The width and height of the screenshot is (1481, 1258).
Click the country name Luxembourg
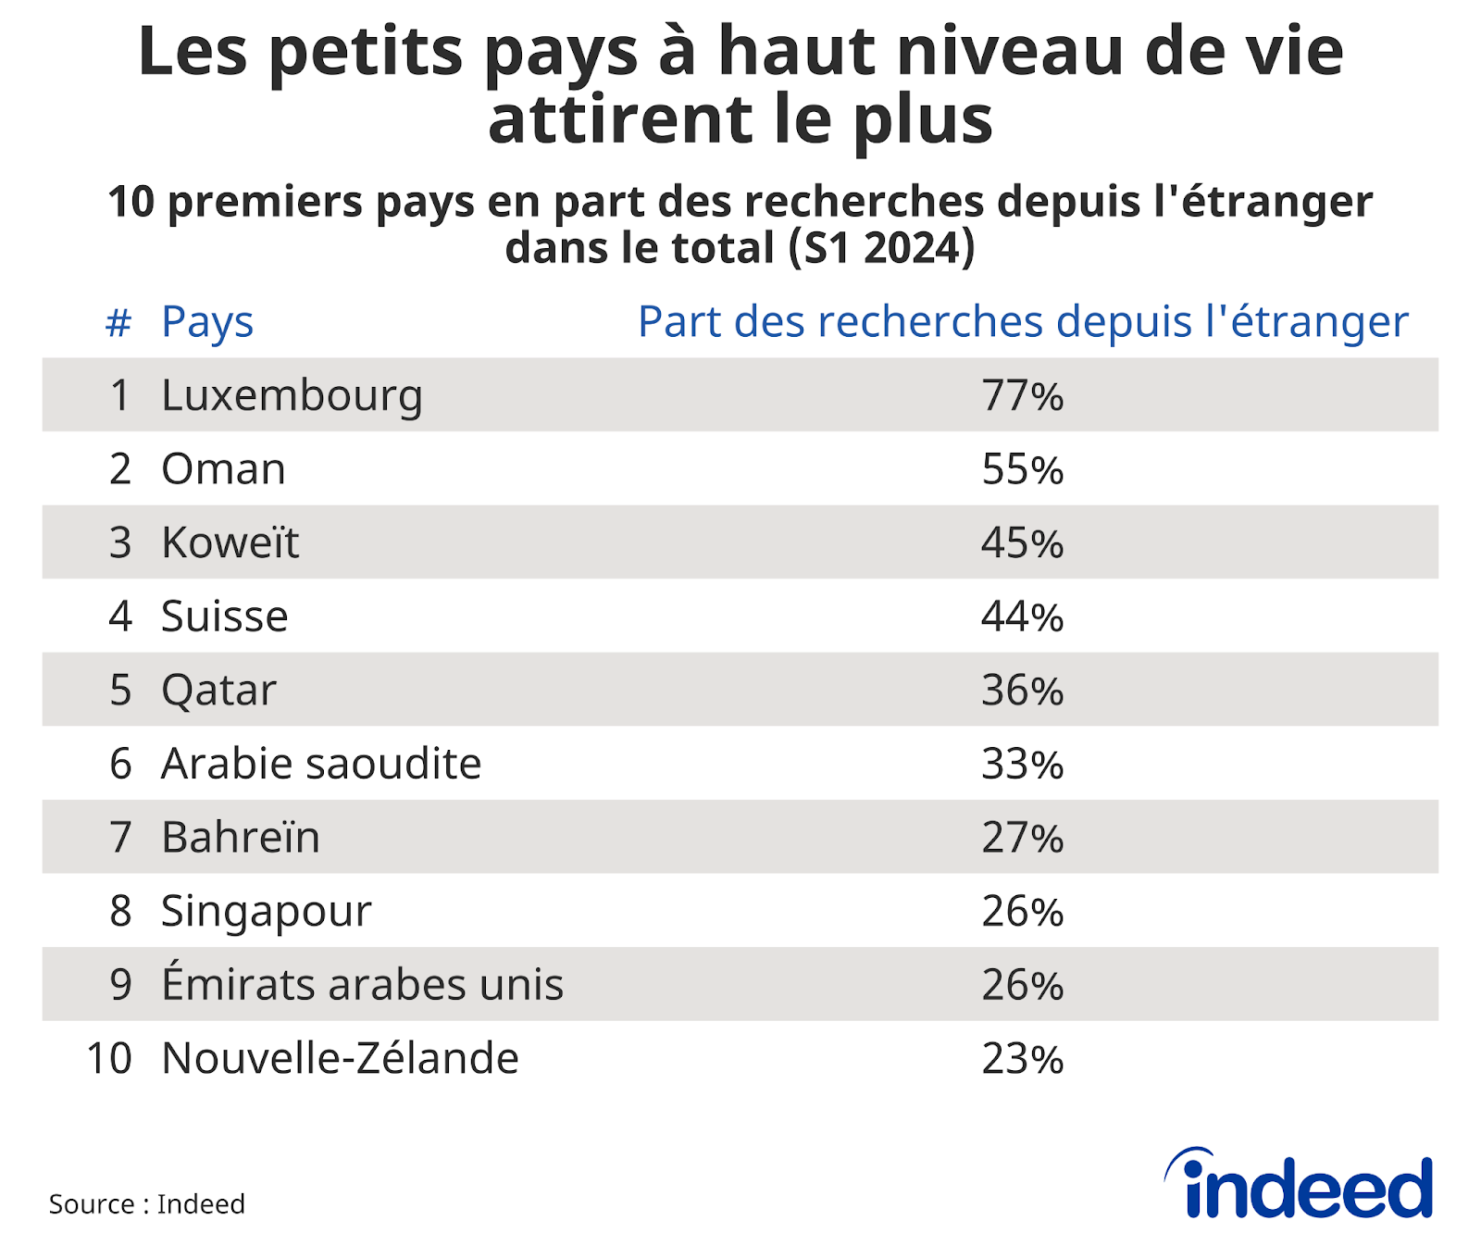(x=292, y=396)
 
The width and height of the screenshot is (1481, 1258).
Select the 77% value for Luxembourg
(x=1022, y=396)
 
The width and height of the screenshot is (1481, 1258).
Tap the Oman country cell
(x=223, y=469)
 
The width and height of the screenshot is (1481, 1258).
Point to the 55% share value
(x=1022, y=469)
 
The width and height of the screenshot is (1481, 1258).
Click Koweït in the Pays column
(x=230, y=542)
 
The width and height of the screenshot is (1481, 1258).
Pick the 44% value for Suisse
(x=1022, y=617)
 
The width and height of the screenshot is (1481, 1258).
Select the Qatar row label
(x=218, y=691)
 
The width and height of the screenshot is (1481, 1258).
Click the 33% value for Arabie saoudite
(x=1022, y=764)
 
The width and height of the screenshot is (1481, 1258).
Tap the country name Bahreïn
(x=241, y=837)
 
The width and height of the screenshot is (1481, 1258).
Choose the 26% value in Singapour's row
(x=1022, y=911)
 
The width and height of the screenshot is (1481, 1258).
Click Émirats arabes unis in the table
(x=362, y=984)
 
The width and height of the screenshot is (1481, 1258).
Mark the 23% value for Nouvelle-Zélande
(x=1022, y=1058)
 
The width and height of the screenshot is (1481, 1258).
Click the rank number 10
(x=109, y=1058)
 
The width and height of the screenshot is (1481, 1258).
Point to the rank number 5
(x=120, y=691)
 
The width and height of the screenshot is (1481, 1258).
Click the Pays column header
(x=207, y=322)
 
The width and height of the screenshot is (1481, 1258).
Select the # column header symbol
(x=118, y=323)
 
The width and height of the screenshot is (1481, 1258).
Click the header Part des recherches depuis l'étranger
(x=1022, y=322)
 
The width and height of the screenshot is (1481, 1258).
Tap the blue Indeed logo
(x=1300, y=1186)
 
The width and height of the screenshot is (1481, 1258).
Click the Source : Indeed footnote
(x=146, y=1203)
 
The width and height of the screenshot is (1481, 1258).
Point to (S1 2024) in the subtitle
(x=881, y=248)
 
